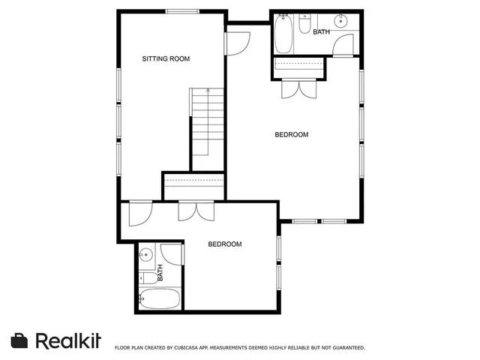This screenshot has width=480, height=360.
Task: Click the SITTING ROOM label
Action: tap(166, 58)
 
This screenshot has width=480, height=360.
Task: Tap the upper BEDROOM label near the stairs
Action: tap(292, 135)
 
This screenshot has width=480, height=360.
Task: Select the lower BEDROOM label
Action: tap(225, 244)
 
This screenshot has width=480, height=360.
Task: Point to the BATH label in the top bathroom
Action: tap(321, 32)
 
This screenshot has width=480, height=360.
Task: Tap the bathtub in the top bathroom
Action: tap(283, 33)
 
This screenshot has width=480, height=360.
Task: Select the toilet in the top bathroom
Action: tap(304, 26)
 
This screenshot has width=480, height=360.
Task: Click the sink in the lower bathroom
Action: tap(146, 253)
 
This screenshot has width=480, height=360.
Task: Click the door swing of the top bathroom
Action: tap(343, 46)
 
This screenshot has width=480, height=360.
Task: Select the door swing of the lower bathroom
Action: tap(171, 253)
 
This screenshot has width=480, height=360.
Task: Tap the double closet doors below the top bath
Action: tap(298, 88)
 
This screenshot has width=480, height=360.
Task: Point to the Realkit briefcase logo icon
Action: tap(20, 340)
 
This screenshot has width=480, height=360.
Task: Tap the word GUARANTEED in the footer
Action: tap(343, 348)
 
